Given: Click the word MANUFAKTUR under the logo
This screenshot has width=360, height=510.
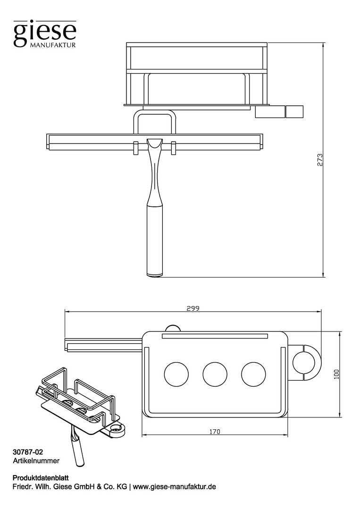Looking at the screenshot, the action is (53, 45).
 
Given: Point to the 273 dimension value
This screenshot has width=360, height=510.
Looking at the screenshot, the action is (320, 160).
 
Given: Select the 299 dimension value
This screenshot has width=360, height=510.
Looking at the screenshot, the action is (193, 308).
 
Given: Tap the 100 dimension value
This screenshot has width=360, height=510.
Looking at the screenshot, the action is (336, 374).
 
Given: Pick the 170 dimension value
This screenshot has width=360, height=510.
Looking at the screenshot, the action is (214, 432).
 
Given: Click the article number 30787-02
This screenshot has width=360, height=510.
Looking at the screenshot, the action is (28, 452).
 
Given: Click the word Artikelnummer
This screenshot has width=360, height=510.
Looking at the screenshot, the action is (36, 460).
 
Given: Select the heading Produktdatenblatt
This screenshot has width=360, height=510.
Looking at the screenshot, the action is (40, 478).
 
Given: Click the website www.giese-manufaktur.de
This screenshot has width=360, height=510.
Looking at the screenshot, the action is (174, 487).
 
